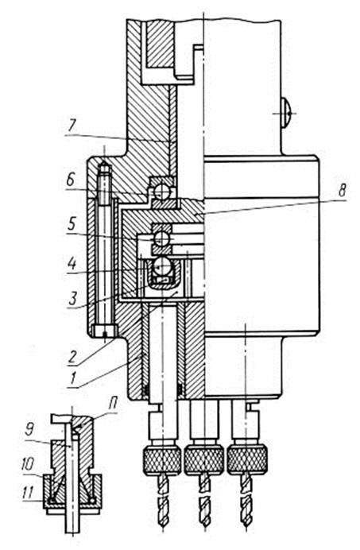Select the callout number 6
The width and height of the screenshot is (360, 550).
pyautogui.click(x=70, y=180)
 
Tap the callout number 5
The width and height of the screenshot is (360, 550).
pyautogui.click(x=72, y=224)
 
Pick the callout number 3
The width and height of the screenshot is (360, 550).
pyautogui.click(x=72, y=299)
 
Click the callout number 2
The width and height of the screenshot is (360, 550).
pyautogui.click(x=72, y=357)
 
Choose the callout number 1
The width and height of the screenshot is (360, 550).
pyautogui.click(x=73, y=379)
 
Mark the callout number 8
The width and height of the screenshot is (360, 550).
pyautogui.click(x=342, y=192)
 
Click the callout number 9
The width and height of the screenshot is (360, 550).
pyautogui.click(x=30, y=431)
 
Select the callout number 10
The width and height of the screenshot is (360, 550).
pyautogui.click(x=27, y=465)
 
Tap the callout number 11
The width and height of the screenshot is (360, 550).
pyautogui.click(x=28, y=493)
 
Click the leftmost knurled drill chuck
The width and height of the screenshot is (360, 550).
pyautogui.click(x=162, y=459)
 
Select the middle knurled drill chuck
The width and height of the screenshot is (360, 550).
pyautogui.click(x=204, y=459)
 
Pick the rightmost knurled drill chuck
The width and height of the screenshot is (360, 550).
pyautogui.click(x=247, y=459)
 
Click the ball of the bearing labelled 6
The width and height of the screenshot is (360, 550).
pyautogui.click(x=162, y=192)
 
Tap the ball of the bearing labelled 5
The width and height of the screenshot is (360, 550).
pyautogui.click(x=162, y=239)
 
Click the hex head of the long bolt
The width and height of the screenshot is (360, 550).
pyautogui.click(x=105, y=331)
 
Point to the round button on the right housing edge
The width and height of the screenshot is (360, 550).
pyautogui.click(x=286, y=113)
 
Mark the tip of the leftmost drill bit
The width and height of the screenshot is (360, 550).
pyautogui.click(x=162, y=526)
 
